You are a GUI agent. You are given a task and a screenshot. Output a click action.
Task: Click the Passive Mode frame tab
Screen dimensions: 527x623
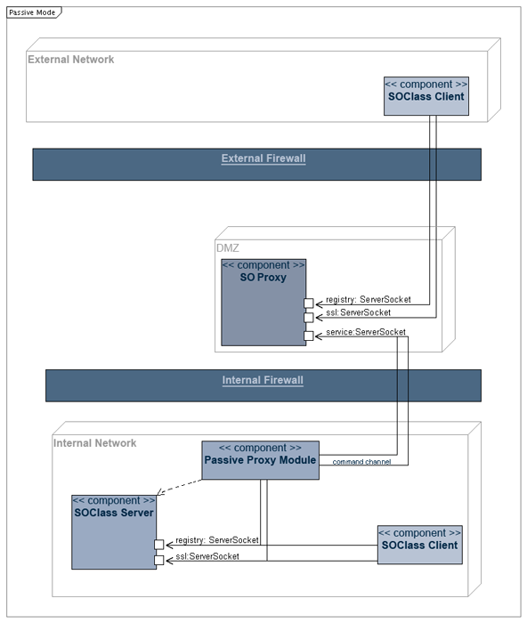[x=34, y=12]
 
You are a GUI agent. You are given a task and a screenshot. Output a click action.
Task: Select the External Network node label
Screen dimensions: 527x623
[x=70, y=60]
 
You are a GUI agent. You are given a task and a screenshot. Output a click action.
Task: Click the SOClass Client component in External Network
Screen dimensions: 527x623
[x=426, y=96]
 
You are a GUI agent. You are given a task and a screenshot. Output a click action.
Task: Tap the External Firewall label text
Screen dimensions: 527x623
[x=263, y=158]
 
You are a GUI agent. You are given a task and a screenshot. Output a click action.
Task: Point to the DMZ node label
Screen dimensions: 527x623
[x=227, y=248]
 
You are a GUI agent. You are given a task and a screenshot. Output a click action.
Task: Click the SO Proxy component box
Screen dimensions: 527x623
[x=263, y=303]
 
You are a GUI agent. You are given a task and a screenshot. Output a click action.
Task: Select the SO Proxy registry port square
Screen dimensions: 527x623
[x=309, y=303]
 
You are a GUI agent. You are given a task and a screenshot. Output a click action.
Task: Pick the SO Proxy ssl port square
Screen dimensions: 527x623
[x=309, y=318]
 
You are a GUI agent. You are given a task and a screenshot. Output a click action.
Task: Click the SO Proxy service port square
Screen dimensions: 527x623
[x=309, y=336]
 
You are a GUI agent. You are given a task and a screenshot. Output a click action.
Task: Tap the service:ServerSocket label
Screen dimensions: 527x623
[x=366, y=332]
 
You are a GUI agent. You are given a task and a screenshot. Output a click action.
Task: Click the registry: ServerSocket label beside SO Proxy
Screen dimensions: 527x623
[x=369, y=300]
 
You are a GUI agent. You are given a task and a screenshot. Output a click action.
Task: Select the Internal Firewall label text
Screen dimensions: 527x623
[x=263, y=380]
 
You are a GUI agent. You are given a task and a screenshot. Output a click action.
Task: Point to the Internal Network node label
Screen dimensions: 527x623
[x=94, y=443]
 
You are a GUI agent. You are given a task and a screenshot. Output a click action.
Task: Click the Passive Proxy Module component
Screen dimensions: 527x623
[x=260, y=460]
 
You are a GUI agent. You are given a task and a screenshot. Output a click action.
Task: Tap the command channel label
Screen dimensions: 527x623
[x=361, y=462]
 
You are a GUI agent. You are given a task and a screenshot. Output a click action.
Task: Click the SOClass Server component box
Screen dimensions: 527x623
[x=114, y=532]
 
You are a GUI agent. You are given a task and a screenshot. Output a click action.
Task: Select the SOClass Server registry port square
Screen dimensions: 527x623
[x=159, y=545]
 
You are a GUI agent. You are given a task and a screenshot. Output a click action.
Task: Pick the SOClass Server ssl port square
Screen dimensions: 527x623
[x=159, y=560]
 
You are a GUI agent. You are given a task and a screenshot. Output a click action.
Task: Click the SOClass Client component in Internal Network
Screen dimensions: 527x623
[x=419, y=545]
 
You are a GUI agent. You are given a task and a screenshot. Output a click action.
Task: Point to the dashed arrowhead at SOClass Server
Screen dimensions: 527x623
[x=159, y=493]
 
